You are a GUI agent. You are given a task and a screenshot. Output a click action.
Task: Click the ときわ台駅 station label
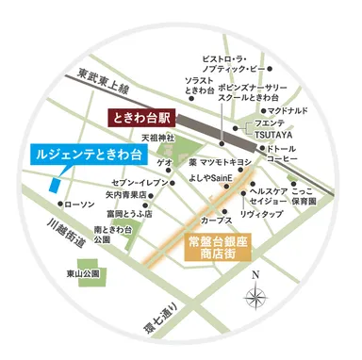[x=139, y=120]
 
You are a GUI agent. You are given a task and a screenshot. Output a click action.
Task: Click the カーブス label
[x=216, y=219]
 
